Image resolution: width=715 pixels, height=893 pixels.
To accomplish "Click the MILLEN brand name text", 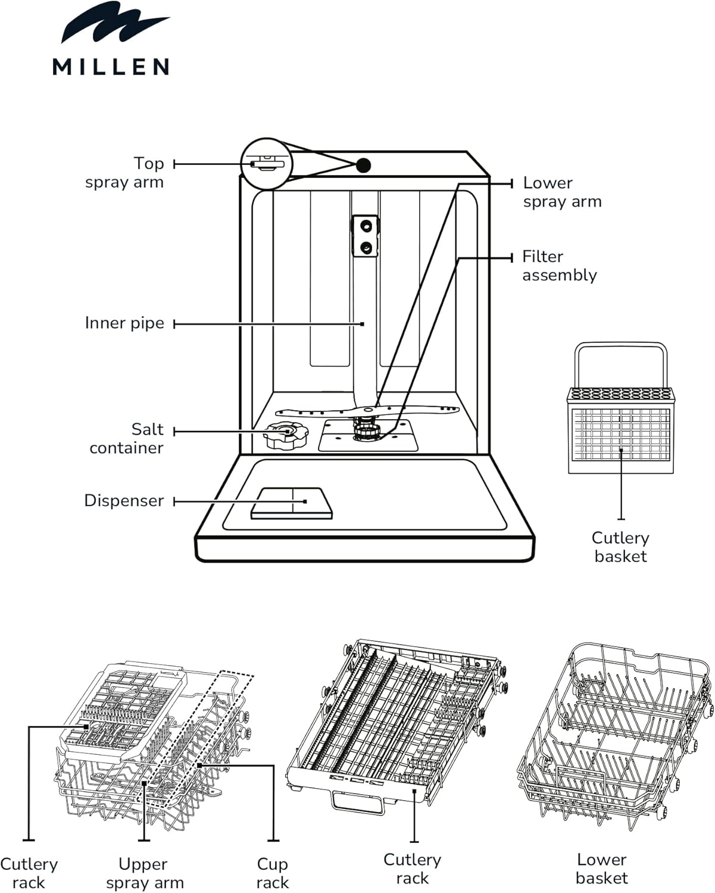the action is (x=111, y=67).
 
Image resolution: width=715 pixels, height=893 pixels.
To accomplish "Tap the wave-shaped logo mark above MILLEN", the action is (x=115, y=23).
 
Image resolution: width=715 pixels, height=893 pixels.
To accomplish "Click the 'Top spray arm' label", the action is (x=124, y=173).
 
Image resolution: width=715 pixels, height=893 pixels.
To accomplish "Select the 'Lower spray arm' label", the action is (x=562, y=192).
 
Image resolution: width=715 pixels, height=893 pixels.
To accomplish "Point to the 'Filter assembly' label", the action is (x=559, y=266).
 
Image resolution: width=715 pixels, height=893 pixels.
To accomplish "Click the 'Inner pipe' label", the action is (x=124, y=323).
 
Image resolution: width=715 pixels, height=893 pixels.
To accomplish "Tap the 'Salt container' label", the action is (x=127, y=438).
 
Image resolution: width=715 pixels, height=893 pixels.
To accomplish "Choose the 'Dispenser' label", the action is (x=124, y=501).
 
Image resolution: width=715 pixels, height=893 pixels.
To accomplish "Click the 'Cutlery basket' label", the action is (x=620, y=547).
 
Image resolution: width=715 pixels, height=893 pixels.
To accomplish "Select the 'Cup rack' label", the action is (x=272, y=873).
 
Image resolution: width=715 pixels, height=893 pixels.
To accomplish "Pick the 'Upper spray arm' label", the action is (x=145, y=873).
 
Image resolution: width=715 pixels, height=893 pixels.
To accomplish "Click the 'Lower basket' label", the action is (x=602, y=869).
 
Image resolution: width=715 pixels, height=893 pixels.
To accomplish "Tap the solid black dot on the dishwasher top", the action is (x=363, y=165).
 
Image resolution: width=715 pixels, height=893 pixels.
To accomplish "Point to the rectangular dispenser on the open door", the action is (x=292, y=503).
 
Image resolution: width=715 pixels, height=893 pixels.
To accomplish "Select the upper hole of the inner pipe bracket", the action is (x=366, y=226).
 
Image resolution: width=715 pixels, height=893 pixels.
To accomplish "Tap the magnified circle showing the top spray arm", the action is (x=267, y=164).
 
